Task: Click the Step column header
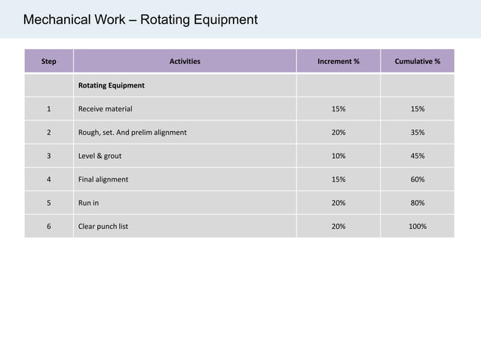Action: [x=49, y=61]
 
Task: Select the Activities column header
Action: [x=185, y=61]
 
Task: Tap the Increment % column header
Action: [x=339, y=61]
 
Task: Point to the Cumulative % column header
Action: [x=417, y=61]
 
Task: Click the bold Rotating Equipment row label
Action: [x=112, y=85]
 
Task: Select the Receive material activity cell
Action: [x=106, y=108]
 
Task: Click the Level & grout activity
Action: [x=100, y=156]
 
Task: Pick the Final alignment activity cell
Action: [x=103, y=179]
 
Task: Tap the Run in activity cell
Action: [x=88, y=203]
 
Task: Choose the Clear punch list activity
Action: [x=103, y=227]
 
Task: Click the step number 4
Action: [x=49, y=179]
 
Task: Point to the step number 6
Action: [x=49, y=227]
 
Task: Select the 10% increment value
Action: [x=339, y=156]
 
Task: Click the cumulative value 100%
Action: [x=418, y=227]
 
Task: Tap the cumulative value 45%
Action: [x=418, y=156]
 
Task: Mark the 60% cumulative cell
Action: [x=418, y=179]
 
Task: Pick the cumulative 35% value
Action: [x=418, y=133]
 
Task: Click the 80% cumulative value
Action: [x=418, y=203]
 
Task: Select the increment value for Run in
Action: [x=339, y=203]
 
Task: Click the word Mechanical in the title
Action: [x=57, y=20]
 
